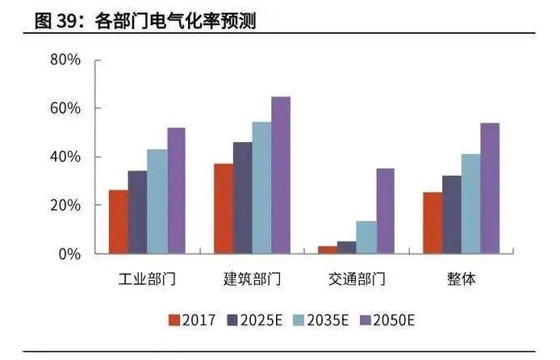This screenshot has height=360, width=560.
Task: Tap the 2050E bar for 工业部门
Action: click(176, 190)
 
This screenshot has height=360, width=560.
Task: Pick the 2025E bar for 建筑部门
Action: click(242, 198)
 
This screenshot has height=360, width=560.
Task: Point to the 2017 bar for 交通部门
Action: click(327, 249)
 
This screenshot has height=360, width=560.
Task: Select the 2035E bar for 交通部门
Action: click(366, 237)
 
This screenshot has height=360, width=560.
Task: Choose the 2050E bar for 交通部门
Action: click(385, 211)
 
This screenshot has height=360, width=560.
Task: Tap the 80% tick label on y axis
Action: click(65, 60)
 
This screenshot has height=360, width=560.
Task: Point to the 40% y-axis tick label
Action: click(65, 157)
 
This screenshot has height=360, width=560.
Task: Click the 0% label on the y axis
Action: click(69, 253)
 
